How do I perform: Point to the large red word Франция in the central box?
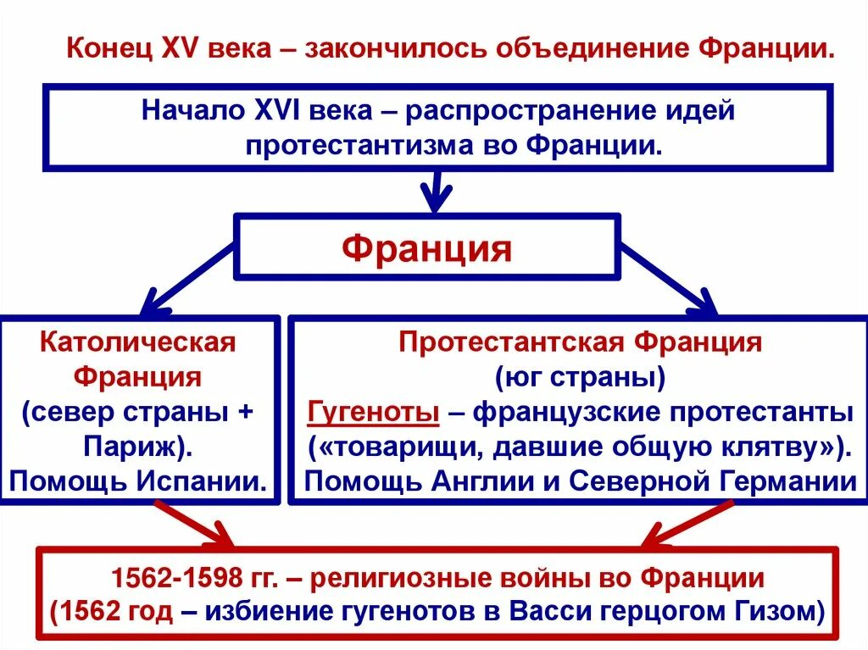(427, 248)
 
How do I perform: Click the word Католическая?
(137, 343)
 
